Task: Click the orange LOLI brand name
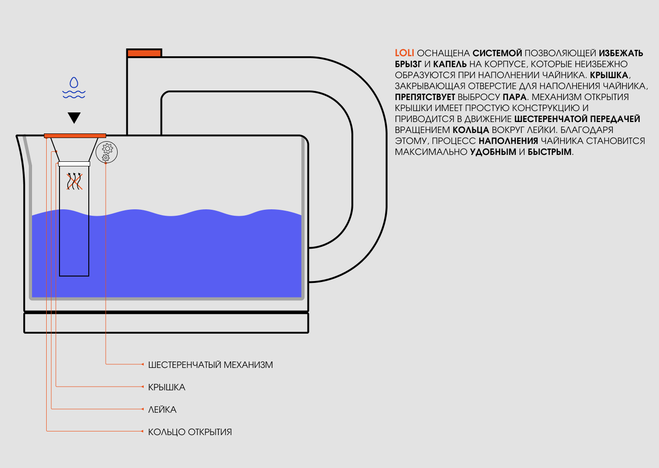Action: click(404, 53)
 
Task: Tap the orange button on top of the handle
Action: click(144, 53)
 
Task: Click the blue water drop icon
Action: click(74, 83)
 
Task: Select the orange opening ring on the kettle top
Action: click(75, 136)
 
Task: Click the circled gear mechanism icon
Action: click(107, 152)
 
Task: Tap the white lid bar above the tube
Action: click(74, 164)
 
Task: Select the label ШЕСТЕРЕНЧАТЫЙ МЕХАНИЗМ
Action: click(211, 365)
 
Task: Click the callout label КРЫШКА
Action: click(167, 387)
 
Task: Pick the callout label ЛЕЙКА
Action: click(162, 409)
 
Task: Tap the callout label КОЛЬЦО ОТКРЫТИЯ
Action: click(190, 432)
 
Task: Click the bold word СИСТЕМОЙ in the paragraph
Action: click(497, 53)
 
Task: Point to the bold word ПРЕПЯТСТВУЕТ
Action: click(425, 97)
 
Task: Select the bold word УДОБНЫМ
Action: click(493, 152)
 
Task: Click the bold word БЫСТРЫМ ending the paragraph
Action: click(550, 152)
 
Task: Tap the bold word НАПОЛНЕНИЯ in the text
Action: click(508, 141)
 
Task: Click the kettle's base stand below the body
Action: click(166, 323)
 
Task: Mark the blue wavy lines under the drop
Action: click(74, 94)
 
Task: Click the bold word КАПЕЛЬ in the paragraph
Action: click(450, 64)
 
